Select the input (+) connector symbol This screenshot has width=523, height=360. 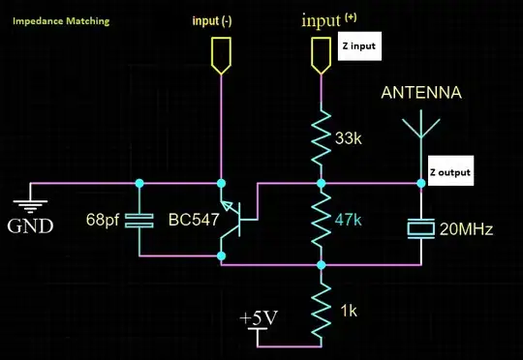pos(320,54)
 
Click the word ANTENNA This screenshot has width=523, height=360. pos(420,94)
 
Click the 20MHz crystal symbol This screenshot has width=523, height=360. pos(421,227)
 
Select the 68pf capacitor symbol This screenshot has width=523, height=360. pos(140,220)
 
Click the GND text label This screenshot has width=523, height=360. pos(30,227)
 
